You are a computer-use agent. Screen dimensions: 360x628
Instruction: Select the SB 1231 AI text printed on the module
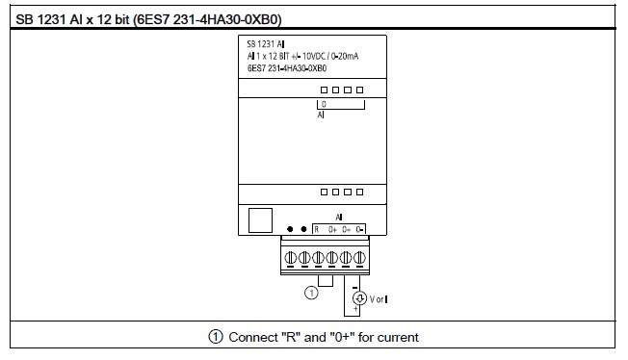click(x=265, y=45)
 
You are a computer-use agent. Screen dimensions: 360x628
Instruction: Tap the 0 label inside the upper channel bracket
click(x=324, y=102)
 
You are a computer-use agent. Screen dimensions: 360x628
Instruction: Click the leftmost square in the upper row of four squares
click(x=325, y=90)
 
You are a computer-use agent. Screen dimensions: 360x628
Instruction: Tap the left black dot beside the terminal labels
click(x=291, y=231)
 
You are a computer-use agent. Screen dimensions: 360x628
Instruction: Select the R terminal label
click(x=317, y=231)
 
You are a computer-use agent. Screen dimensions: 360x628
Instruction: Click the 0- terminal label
click(x=358, y=231)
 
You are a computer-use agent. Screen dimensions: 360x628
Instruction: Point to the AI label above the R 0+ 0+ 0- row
click(x=339, y=219)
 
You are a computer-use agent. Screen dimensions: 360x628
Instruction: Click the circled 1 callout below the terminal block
click(x=310, y=291)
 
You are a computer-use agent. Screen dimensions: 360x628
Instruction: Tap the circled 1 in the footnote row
click(x=215, y=338)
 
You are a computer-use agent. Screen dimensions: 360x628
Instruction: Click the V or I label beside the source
click(x=379, y=299)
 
